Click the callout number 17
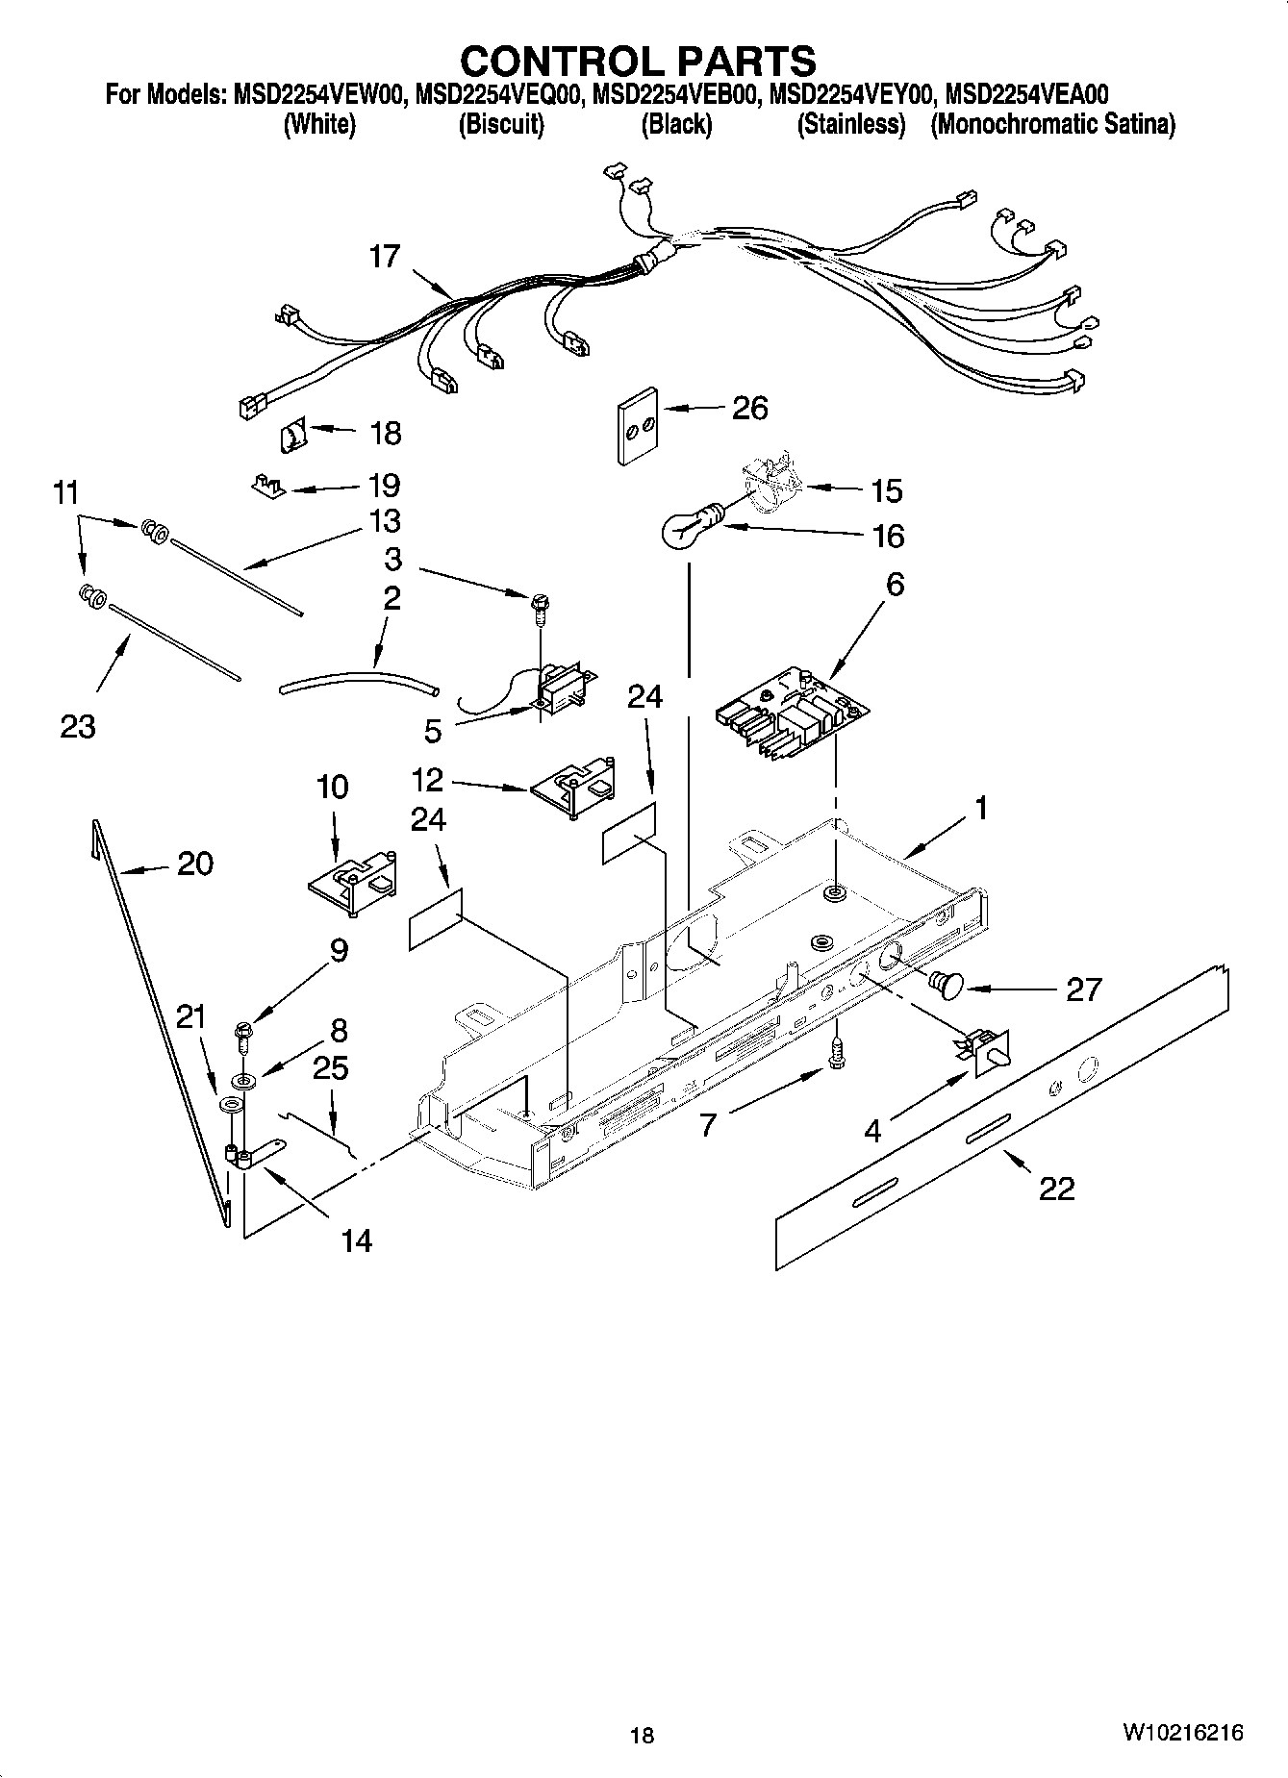click(384, 257)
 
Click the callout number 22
click(1056, 1190)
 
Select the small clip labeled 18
click(291, 438)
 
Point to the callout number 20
click(195, 864)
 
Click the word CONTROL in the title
click(552, 62)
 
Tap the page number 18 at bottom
click(642, 1736)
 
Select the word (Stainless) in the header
click(850, 125)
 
